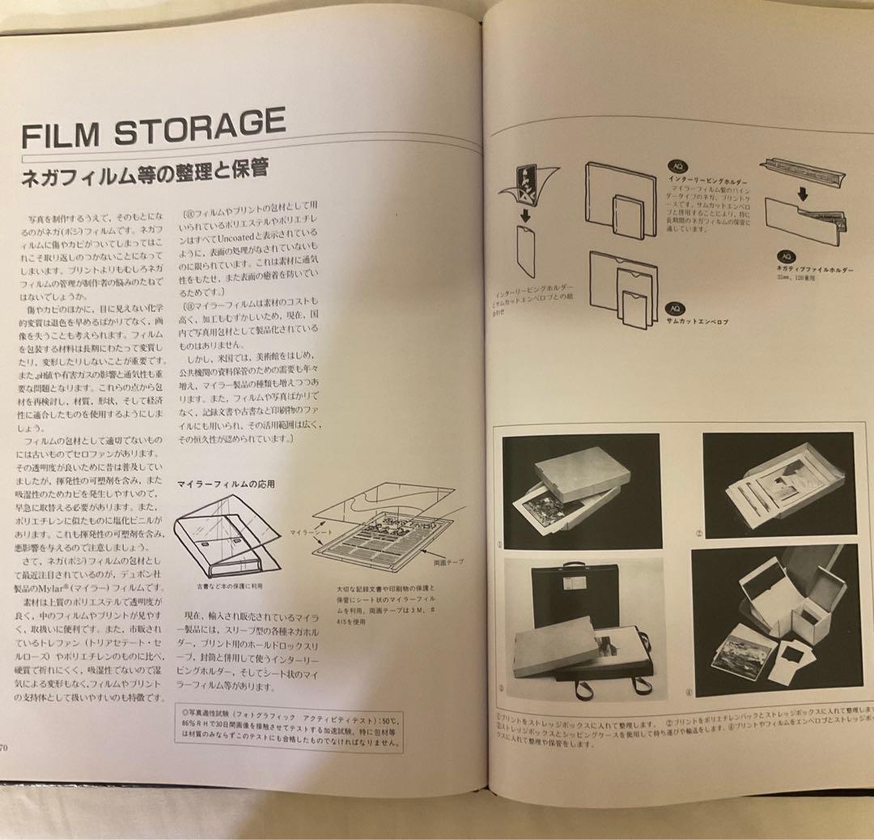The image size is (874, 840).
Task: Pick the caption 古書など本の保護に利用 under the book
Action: tap(230, 585)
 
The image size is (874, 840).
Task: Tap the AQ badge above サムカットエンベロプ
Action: tap(672, 309)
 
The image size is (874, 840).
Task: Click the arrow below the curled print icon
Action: tap(525, 215)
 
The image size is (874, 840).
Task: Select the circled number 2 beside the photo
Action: tap(698, 534)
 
